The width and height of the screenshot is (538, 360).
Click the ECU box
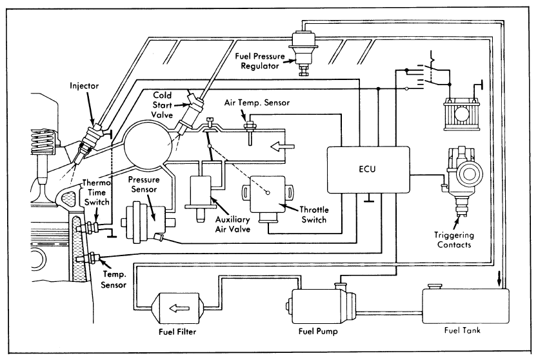(368, 169)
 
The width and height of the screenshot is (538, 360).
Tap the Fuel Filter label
(177, 332)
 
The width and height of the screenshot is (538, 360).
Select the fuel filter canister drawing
(178, 307)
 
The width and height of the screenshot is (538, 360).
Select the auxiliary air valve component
(202, 190)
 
